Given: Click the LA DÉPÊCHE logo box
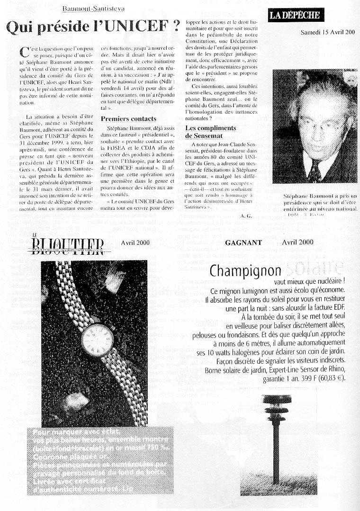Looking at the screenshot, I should point(294,15).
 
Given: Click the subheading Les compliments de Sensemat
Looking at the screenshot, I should point(210,132).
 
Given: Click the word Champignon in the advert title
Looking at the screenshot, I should point(245,271).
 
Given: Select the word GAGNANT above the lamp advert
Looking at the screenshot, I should point(243,242).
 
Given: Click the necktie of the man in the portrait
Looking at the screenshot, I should point(314,171).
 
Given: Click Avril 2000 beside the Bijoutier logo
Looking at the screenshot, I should point(135,242).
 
